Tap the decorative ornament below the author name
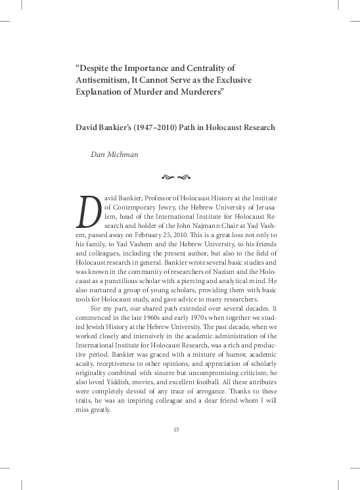coord(175,177)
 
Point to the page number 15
coord(176,430)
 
